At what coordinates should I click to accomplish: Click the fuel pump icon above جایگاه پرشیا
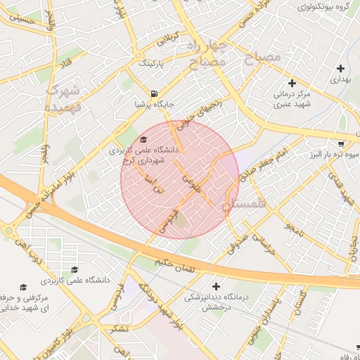point(153,93)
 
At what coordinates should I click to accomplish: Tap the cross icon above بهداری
point(341,69)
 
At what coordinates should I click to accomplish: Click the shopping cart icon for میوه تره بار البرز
point(342,142)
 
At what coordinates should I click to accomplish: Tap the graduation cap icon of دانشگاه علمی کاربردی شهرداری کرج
point(144,139)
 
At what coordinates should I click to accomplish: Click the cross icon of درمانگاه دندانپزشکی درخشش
point(216,286)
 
